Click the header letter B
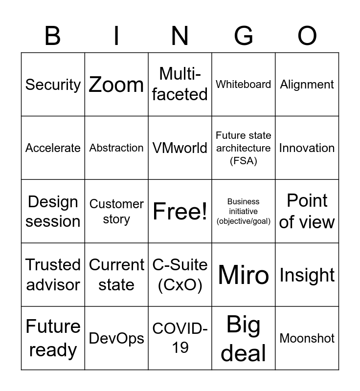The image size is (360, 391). [53, 36]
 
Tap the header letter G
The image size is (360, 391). [244, 36]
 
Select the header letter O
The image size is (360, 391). [307, 36]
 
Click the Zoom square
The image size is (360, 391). [116, 85]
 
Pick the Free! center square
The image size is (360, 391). [180, 211]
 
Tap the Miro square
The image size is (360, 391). [244, 275]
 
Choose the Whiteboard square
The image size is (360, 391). [244, 85]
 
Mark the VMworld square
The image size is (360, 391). [180, 148]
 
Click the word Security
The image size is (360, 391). [53, 85]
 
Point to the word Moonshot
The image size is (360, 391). [307, 338]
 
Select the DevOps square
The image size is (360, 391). [116, 338]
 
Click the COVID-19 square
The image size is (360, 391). [180, 338]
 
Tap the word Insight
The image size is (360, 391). [307, 275]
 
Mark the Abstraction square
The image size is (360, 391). [116, 148]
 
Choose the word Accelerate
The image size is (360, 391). [53, 148]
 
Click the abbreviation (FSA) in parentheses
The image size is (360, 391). [244, 160]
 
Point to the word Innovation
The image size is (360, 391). [307, 148]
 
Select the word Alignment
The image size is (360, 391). [307, 85]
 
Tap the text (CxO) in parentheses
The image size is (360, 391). [180, 285]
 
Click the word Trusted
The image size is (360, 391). [53, 265]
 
